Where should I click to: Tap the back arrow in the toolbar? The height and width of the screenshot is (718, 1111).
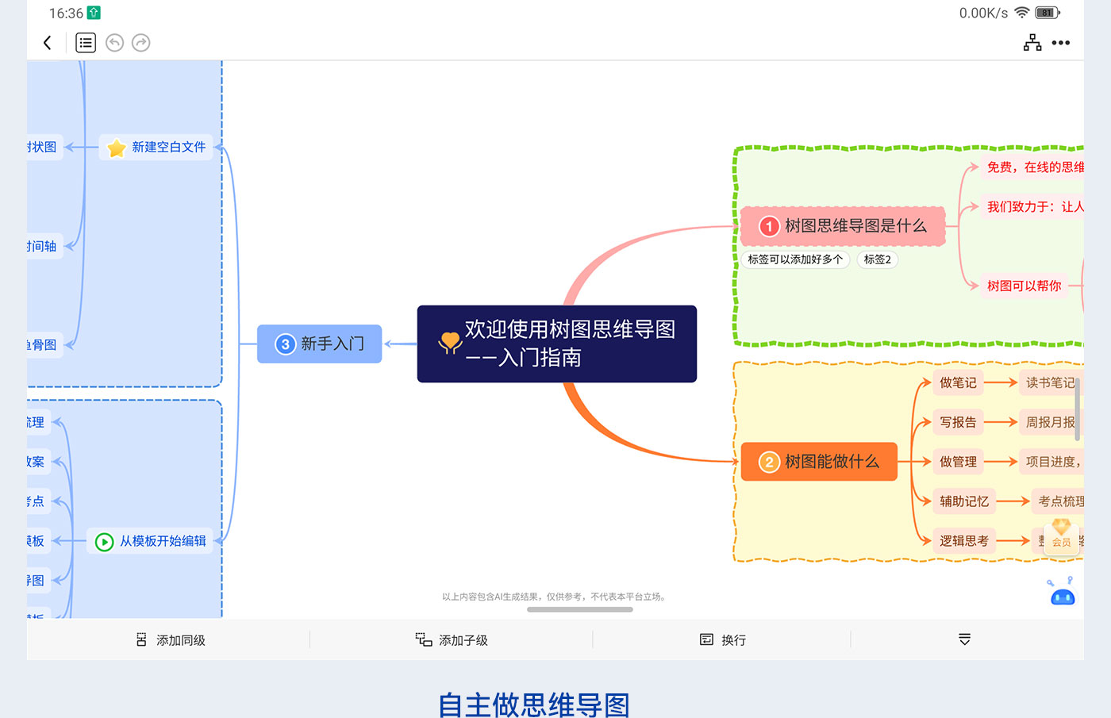(48, 43)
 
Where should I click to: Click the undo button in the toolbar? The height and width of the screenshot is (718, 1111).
(114, 43)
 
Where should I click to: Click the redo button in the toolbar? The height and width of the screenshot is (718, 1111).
(141, 43)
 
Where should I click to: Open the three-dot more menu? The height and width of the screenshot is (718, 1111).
(1061, 43)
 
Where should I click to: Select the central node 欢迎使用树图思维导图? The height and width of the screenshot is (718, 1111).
(556, 344)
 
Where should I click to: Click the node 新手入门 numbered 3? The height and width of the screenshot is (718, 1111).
(319, 344)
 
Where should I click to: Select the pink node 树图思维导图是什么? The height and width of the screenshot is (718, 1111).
(842, 226)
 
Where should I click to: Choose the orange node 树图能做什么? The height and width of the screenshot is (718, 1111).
(819, 462)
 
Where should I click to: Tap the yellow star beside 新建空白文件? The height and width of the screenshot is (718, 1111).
(117, 148)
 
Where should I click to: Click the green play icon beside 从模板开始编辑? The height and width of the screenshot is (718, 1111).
(104, 542)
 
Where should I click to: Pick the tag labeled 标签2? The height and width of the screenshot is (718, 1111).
(877, 259)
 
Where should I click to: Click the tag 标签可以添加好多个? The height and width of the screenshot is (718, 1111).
(795, 259)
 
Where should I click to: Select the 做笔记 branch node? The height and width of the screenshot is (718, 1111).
(958, 382)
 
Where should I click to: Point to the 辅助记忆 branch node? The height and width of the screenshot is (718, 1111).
(964, 501)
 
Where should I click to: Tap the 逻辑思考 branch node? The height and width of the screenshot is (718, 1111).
(964, 541)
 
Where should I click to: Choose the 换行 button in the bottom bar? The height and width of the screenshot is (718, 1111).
(723, 639)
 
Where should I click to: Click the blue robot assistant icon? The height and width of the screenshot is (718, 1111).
(1063, 595)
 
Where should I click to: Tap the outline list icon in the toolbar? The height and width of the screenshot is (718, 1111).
(86, 43)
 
